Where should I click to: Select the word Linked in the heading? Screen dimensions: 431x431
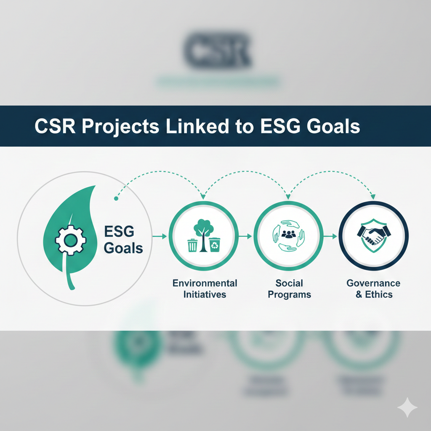pos(196,126)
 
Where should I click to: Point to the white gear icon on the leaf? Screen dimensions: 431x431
pos(71,240)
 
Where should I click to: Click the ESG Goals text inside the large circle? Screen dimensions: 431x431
pos(123,239)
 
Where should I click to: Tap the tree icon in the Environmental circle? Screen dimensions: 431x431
pos(203,236)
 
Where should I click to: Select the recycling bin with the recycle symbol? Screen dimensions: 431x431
pos(215,245)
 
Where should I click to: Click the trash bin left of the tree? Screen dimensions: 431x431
pos(192,245)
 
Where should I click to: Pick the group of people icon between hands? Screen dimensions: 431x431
pos(288,234)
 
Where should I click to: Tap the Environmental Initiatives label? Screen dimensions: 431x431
pos(205,288)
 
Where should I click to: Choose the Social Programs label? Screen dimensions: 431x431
pos(289,288)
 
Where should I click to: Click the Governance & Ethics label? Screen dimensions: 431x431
pos(373,288)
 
